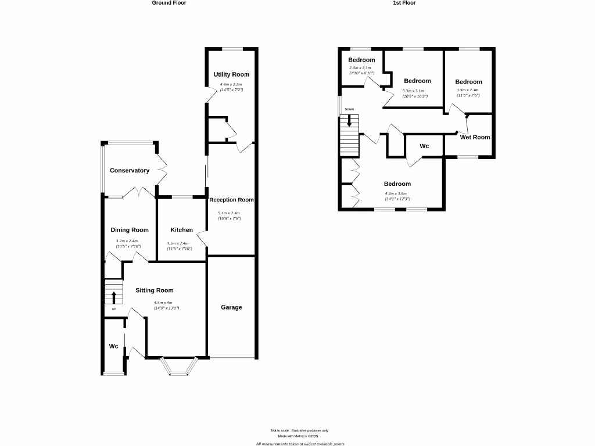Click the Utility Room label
click(231, 74)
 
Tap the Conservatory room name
click(130, 171)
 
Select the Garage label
click(231, 307)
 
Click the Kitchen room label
click(181, 230)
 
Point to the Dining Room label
click(130, 230)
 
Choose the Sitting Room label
click(155, 290)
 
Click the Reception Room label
click(232, 200)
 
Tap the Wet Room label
click(475, 138)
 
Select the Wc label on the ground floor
click(114, 347)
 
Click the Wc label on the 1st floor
click(424, 146)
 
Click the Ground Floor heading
click(169, 3)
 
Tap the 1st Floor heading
click(404, 3)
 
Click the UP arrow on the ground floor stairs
click(114, 297)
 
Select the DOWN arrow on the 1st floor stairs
click(349, 121)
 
